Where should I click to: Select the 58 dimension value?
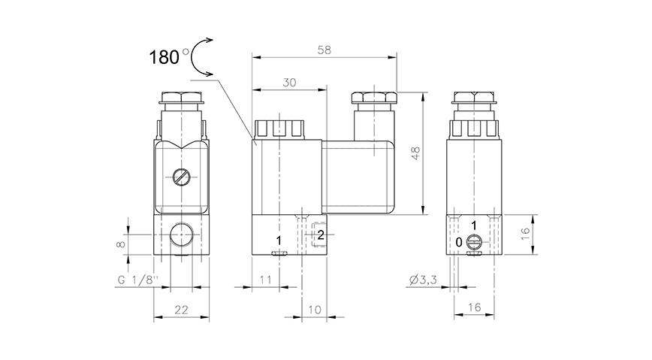click(324, 50)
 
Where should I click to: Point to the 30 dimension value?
click(289, 83)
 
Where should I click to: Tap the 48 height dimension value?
click(415, 153)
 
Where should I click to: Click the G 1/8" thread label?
click(137, 280)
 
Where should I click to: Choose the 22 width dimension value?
click(181, 310)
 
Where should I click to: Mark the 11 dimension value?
click(265, 280)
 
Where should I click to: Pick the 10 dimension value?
click(315, 310)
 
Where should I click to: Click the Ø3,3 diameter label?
click(423, 280)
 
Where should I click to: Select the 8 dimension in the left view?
click(121, 244)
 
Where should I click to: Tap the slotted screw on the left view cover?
click(182, 177)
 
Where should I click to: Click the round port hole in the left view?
click(181, 234)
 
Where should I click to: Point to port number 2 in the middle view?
click(321, 235)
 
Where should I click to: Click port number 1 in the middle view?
click(279, 241)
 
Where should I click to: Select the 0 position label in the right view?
click(459, 242)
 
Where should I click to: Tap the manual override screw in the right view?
click(474, 241)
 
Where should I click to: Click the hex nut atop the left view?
click(181, 98)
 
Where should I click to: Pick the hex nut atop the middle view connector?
click(374, 98)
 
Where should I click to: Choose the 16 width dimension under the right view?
click(474, 307)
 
